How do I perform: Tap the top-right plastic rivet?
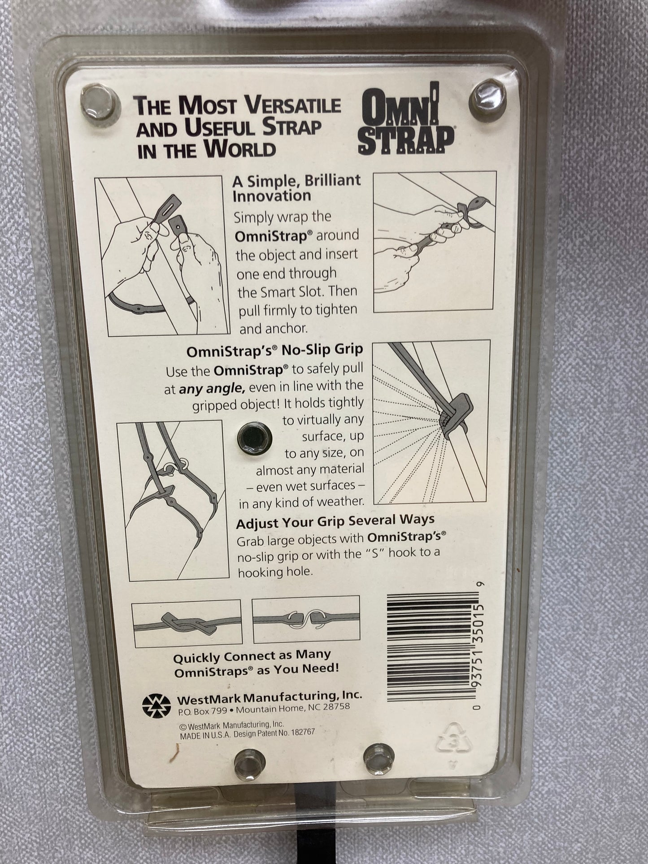tap(485, 96)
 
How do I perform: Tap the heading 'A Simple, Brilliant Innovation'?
tap(296, 187)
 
